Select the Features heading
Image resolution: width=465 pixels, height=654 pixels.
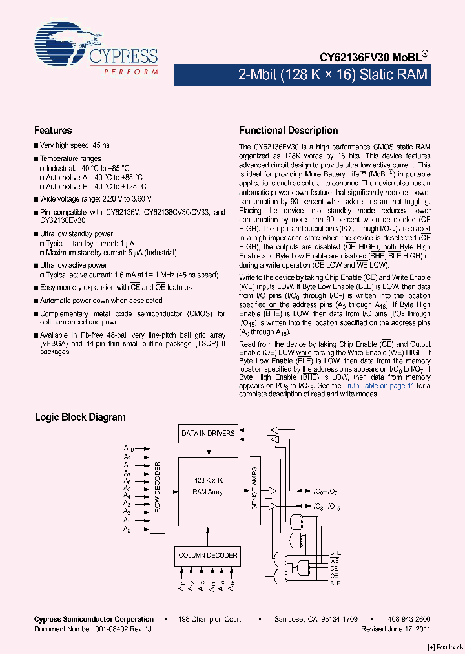point(53,131)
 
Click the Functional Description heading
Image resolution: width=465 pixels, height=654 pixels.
point(288,131)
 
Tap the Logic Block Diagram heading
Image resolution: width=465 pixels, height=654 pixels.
point(80,417)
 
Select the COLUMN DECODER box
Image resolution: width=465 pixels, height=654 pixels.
point(207,555)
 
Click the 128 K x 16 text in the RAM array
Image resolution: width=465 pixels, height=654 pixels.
point(209,481)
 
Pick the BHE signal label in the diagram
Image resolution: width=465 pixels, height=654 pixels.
point(335,553)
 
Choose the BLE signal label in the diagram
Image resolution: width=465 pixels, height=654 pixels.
point(335,582)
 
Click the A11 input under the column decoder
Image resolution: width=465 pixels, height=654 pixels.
point(182,586)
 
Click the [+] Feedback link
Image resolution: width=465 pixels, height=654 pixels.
point(445,646)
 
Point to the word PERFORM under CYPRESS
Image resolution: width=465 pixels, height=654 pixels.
point(131,72)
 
